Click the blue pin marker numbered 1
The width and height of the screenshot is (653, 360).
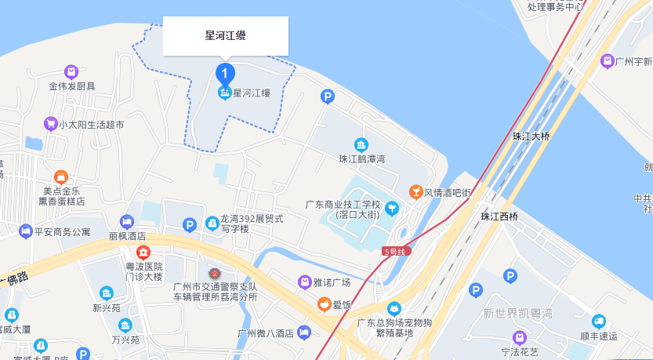click(x=225, y=74)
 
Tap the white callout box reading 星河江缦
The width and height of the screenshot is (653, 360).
click(x=226, y=35)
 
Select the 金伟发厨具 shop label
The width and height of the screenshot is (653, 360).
click(x=71, y=85)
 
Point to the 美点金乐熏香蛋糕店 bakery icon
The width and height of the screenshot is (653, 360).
click(x=61, y=177)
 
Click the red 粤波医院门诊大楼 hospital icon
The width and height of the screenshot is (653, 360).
click(x=143, y=253)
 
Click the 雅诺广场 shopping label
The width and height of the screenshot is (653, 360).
click(x=329, y=282)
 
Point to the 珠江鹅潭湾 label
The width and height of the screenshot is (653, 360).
click(x=361, y=159)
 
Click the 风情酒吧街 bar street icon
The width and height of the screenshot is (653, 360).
click(x=416, y=192)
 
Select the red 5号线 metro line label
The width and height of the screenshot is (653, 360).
click(x=397, y=251)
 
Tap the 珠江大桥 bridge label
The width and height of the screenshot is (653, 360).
click(x=531, y=136)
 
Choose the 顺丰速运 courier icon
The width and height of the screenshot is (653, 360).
click(x=599, y=322)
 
